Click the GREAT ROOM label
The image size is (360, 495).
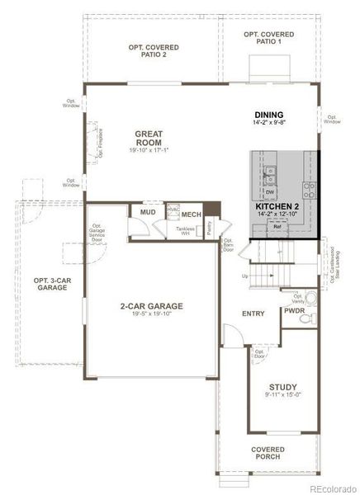(149, 137)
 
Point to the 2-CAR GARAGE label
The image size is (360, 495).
(151, 306)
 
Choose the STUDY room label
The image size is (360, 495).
(282, 386)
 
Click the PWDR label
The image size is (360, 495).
(294, 312)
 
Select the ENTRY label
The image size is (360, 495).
(253, 313)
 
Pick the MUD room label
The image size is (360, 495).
(147, 213)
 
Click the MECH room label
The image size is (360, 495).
(192, 214)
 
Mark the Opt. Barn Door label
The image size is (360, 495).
(229, 245)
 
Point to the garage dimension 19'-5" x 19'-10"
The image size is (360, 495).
(151, 314)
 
